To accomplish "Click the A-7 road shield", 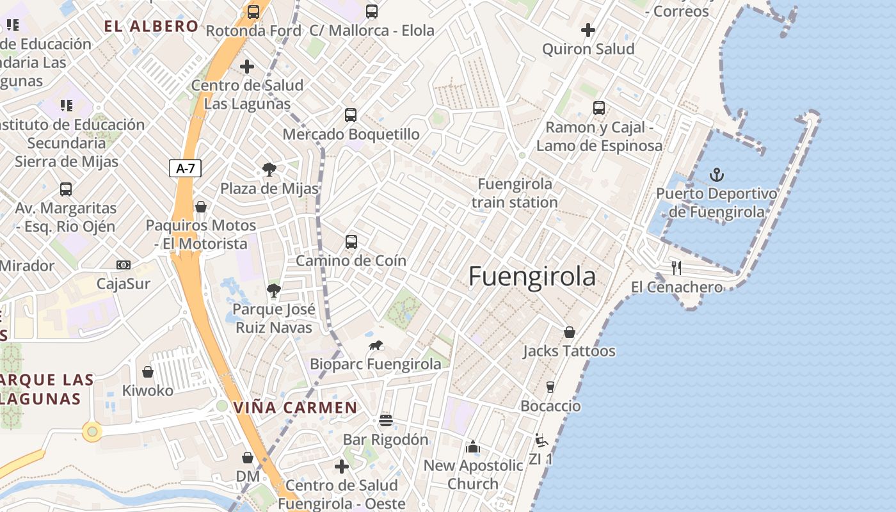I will (186, 169).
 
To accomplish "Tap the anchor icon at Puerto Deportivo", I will (717, 174).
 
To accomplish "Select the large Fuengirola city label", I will (532, 276).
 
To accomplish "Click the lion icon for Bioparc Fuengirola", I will (376, 346).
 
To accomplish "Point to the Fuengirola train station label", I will (515, 193).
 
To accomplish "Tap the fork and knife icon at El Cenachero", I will (676, 268).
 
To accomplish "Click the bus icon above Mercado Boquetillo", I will (351, 115).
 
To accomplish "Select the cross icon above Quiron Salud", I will (588, 30).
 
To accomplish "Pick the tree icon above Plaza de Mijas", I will (269, 170).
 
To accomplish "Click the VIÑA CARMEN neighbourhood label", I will (295, 408).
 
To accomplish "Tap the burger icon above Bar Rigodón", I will (385, 420).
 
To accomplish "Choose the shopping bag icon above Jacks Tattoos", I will (569, 332).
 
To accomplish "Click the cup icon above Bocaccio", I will (550, 387).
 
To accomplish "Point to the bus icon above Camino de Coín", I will (351, 241).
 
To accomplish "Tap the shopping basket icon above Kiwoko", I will (148, 372).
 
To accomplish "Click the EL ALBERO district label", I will (151, 26).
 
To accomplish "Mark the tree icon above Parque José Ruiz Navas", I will (274, 291).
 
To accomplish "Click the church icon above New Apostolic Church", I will (473, 446).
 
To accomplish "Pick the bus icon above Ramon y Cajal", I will (598, 108).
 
